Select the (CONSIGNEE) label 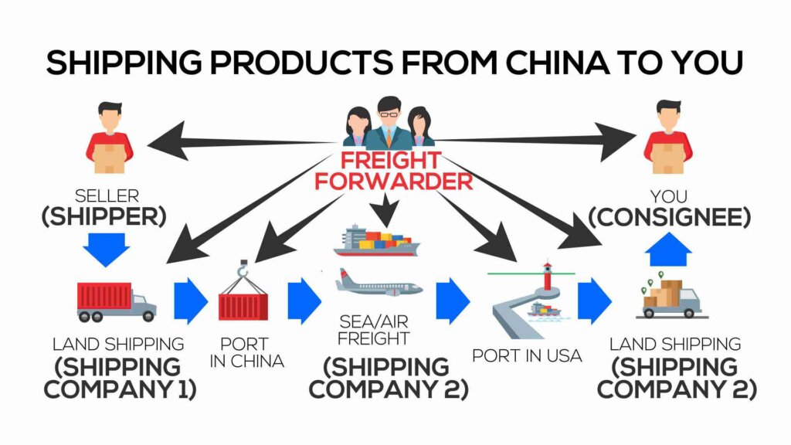(669, 217)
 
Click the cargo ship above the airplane (377, 240)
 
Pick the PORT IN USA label (528, 356)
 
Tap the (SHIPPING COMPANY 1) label (120, 377)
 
